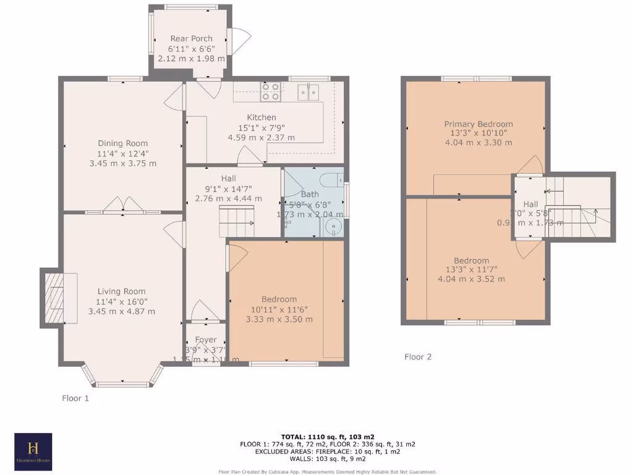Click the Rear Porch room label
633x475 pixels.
point(191,38)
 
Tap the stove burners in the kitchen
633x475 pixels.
point(270,92)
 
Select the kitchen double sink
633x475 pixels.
point(308,92)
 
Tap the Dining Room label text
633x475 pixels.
point(122,143)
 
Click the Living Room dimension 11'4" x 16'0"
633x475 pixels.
point(122,301)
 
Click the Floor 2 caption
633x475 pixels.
point(418,357)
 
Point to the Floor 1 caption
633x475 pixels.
point(75,398)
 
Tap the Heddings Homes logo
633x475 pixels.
point(33,451)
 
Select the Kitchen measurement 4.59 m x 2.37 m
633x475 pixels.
point(261,137)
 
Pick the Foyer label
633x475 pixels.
point(206,340)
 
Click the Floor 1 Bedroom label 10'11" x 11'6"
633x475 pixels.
point(279,309)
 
